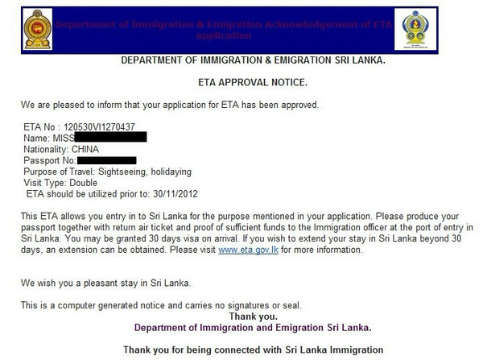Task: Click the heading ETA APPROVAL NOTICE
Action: click(x=242, y=82)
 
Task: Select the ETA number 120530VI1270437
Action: click(x=98, y=126)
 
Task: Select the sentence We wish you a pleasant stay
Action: click(x=109, y=284)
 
